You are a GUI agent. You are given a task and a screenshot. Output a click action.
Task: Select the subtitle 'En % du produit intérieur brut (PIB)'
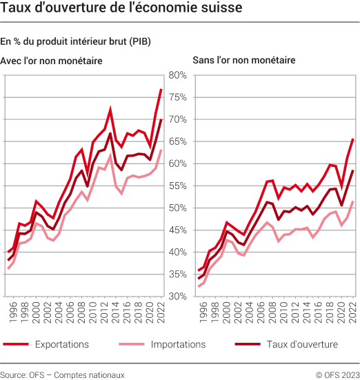coord(77,42)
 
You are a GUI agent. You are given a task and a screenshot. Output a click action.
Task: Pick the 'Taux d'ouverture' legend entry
coord(300,343)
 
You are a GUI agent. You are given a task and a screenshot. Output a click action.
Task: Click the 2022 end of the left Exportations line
coord(161,90)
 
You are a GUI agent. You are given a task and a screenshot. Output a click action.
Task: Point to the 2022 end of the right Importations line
coord(352,201)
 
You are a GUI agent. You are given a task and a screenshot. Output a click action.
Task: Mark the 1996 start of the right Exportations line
coord(199,270)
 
